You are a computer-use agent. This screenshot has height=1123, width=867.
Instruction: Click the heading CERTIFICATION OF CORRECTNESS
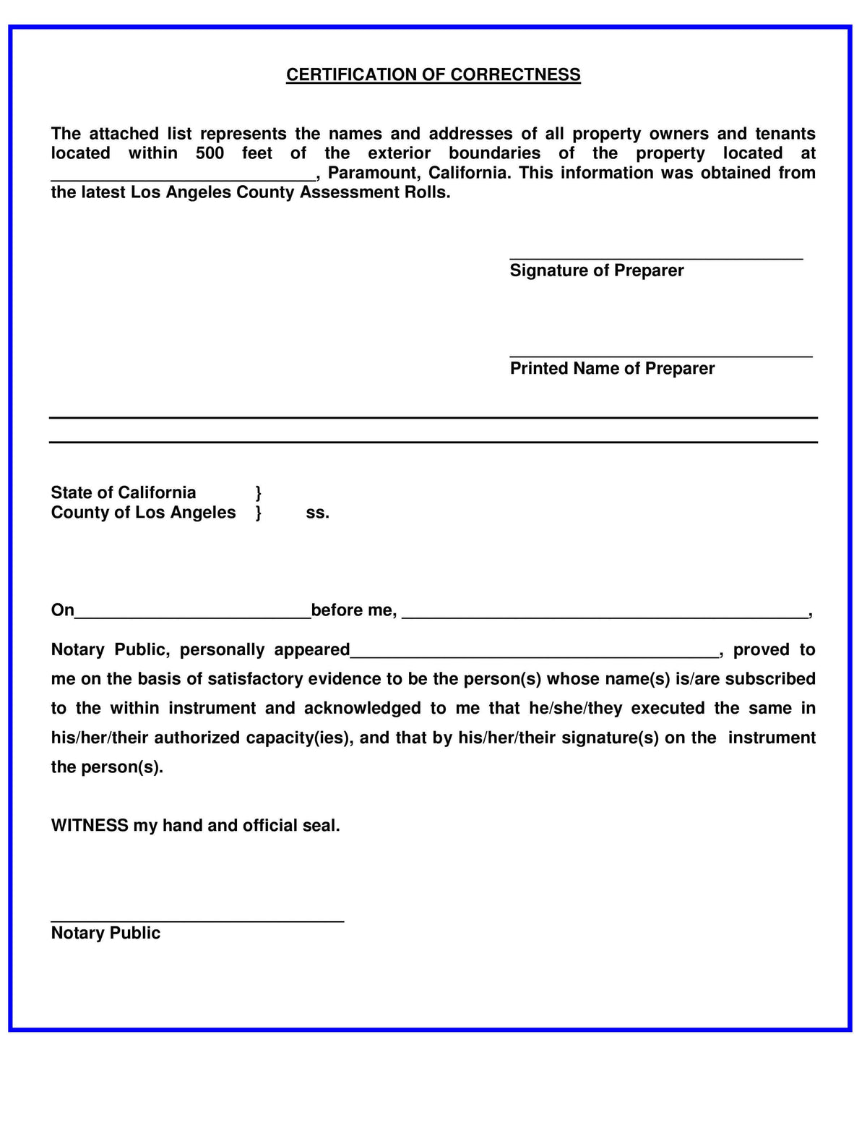click(433, 75)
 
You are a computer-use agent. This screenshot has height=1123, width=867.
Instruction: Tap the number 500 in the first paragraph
click(210, 153)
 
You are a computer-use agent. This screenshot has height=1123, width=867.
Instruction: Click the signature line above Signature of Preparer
click(656, 257)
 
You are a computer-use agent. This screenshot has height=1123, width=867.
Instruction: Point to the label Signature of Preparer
click(596, 270)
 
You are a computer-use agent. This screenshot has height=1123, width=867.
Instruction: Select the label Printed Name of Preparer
click(612, 369)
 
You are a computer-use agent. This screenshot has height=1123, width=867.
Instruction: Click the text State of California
click(124, 493)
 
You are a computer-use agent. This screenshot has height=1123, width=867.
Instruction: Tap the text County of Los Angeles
click(143, 513)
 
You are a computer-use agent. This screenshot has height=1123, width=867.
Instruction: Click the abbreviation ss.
click(317, 513)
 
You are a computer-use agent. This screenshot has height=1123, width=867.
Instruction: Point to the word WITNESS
click(90, 826)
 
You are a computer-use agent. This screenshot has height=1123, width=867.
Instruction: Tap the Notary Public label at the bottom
click(105, 934)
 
